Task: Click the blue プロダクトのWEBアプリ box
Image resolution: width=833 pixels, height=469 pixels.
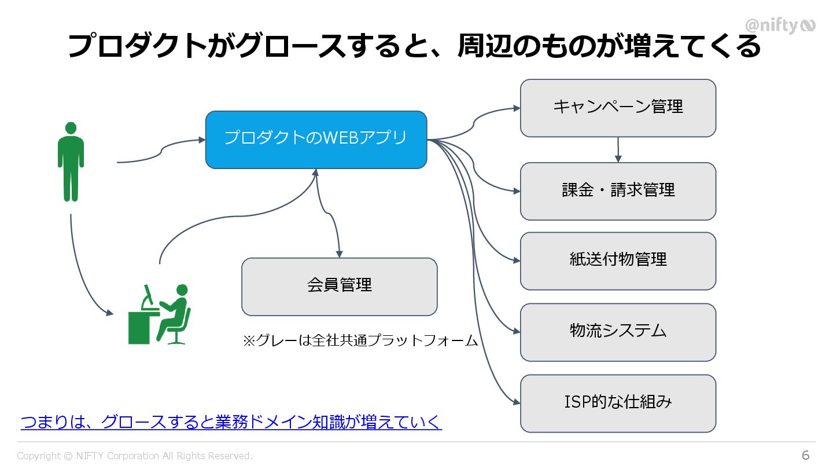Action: (316, 140)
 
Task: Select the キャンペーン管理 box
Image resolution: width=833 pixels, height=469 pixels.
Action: (618, 108)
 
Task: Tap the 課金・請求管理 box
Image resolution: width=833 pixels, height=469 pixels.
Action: (618, 191)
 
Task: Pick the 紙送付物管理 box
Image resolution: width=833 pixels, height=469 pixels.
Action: (618, 261)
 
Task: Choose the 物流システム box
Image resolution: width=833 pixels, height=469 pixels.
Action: (618, 332)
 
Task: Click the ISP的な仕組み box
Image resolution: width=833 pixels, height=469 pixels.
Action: (618, 403)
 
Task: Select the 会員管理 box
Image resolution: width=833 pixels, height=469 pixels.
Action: (339, 286)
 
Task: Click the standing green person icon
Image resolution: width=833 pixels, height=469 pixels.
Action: (71, 162)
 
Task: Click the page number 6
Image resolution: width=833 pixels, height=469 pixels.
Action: (805, 455)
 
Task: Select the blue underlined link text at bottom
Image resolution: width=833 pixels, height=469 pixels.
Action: (231, 422)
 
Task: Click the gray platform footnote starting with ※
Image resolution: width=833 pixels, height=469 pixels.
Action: (360, 340)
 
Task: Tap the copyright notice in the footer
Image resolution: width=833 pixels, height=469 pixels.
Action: (135, 456)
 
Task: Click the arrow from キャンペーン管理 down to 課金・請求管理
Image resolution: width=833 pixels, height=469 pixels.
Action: (618, 149)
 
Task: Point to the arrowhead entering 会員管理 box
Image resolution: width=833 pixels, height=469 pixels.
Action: (340, 254)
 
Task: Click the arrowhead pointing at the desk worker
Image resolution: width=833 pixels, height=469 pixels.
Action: (109, 313)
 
